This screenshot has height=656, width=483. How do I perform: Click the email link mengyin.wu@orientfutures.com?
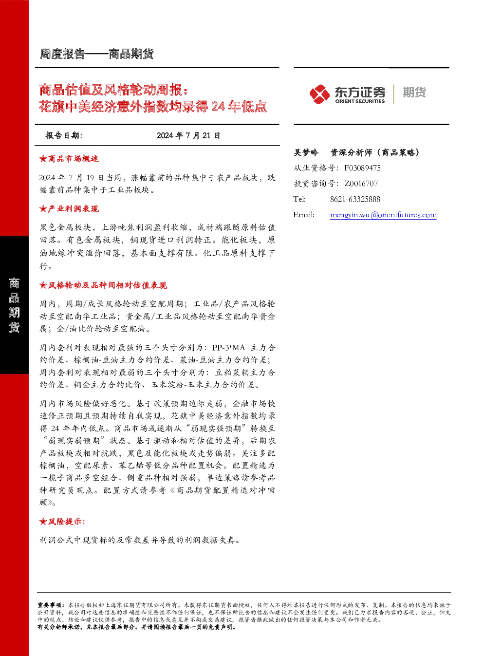(383, 215)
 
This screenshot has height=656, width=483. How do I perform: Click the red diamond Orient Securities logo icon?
(320, 94)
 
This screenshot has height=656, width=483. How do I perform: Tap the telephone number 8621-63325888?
(355, 200)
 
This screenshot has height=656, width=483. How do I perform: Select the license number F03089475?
(362, 168)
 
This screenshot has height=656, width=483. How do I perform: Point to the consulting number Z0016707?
(361, 184)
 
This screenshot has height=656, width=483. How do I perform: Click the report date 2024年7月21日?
(188, 135)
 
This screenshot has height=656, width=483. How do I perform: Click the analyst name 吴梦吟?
(306, 152)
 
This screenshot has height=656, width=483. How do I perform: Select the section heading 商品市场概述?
(74, 159)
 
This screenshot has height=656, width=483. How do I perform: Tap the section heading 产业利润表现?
(74, 209)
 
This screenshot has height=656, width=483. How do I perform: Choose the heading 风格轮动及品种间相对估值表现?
(108, 285)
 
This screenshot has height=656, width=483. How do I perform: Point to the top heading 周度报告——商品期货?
(97, 54)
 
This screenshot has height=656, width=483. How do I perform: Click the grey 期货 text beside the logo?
(414, 92)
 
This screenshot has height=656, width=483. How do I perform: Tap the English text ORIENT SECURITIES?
(360, 101)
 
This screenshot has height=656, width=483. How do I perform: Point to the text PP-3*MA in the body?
(228, 348)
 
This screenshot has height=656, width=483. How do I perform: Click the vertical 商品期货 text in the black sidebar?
(14, 305)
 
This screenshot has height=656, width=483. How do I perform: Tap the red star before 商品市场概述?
(43, 159)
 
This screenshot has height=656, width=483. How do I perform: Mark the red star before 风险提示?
(43, 522)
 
